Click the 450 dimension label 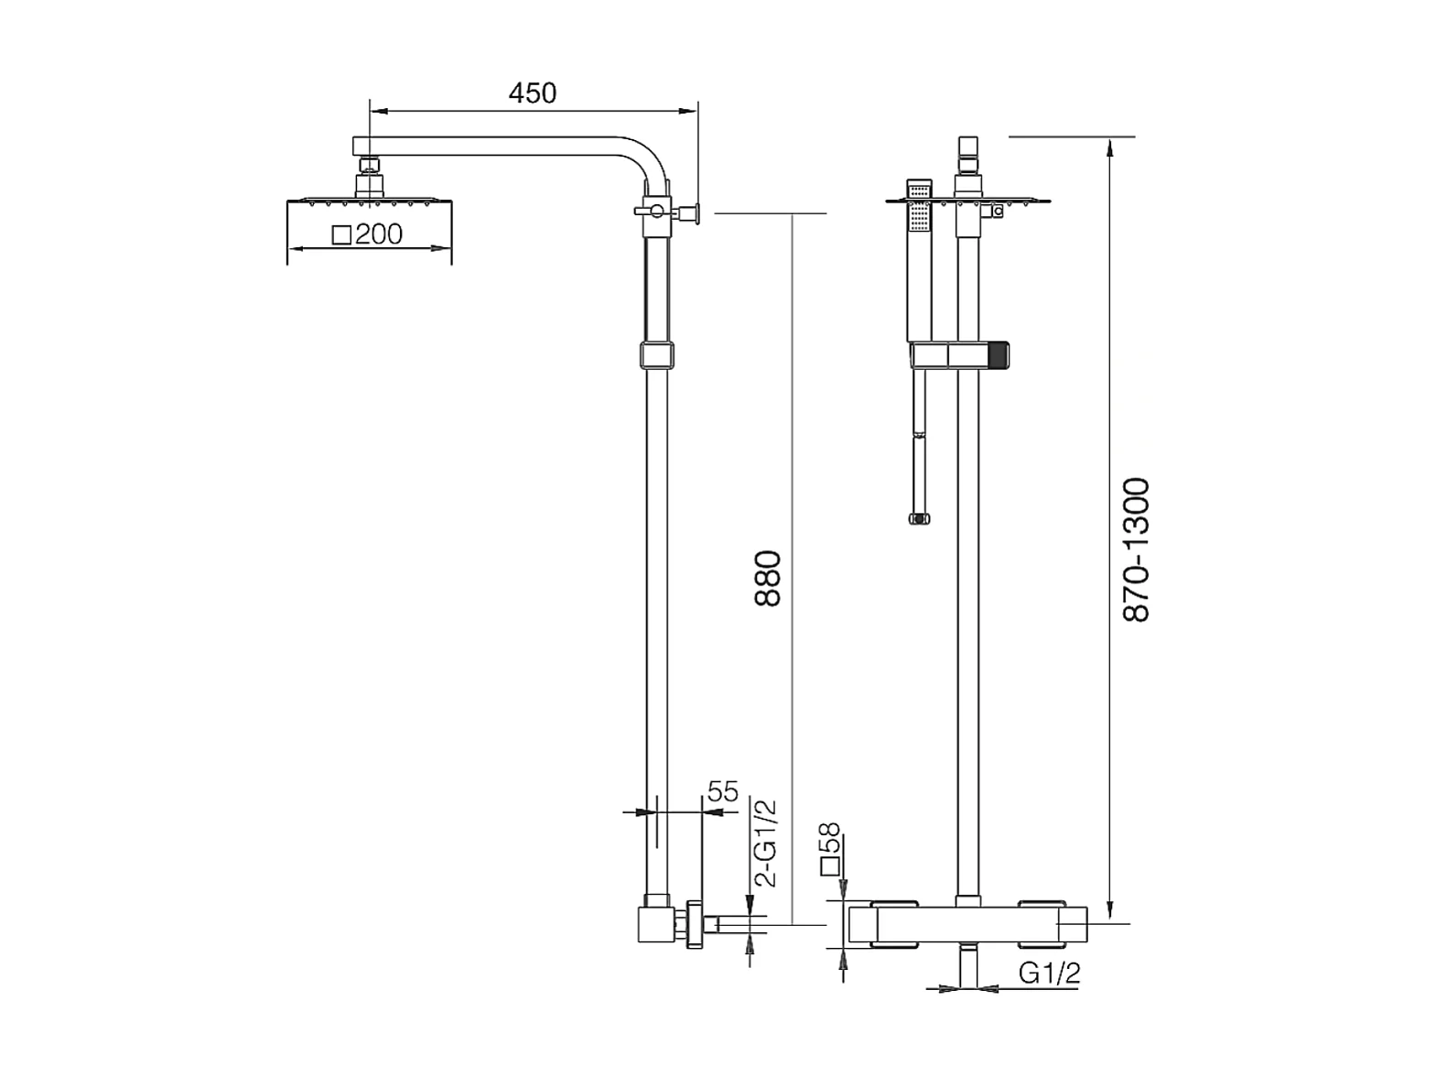532,92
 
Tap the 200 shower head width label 378,234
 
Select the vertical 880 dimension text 767,578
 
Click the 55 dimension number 722,791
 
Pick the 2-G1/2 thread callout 765,843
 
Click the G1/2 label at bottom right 1049,974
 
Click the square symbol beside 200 341,235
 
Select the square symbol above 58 830,866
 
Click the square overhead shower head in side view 369,201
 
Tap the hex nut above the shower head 369,166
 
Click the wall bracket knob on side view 694,212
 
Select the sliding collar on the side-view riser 657,354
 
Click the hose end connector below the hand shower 919,519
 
